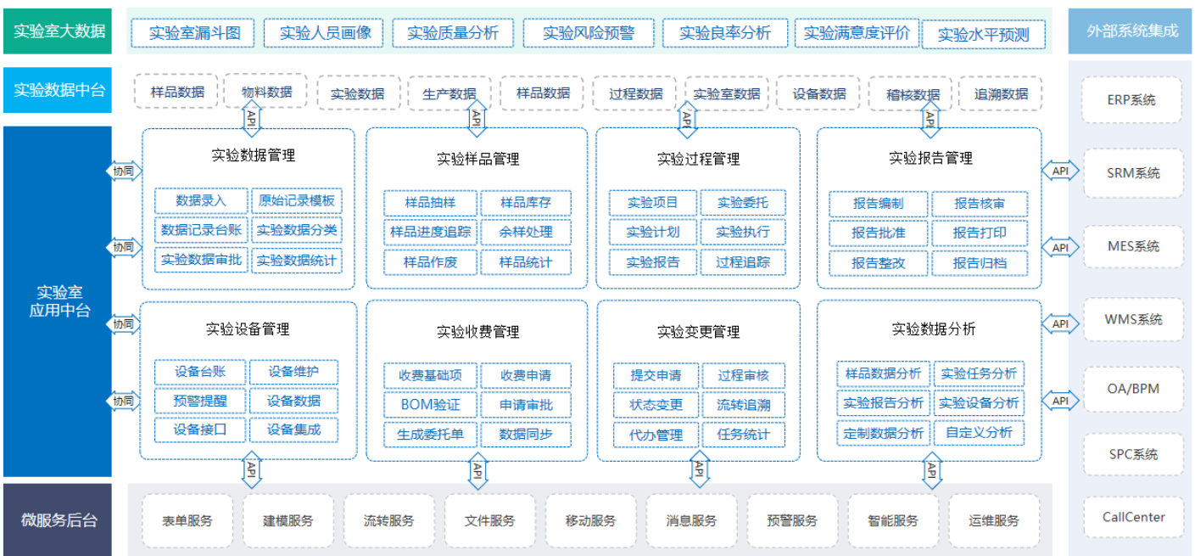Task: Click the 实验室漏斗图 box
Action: tap(193, 33)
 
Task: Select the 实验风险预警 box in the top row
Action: tap(589, 33)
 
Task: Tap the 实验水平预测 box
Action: tap(983, 35)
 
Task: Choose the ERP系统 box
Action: tap(1131, 100)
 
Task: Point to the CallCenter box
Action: tap(1134, 517)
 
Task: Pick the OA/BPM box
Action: tap(1134, 389)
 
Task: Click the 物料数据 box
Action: tap(266, 92)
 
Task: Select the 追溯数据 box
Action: tap(1001, 94)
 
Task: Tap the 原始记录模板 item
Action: tap(297, 200)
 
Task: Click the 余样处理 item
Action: tap(526, 232)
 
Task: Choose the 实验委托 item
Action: tap(743, 202)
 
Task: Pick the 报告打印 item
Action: tap(980, 233)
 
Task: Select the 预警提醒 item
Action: tap(200, 401)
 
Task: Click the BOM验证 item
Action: tap(430, 404)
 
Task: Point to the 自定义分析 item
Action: tap(979, 432)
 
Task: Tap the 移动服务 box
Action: tap(590, 520)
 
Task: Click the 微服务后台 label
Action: tap(58, 519)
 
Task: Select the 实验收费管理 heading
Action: tap(477, 332)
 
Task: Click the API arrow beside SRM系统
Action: tap(1060, 171)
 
